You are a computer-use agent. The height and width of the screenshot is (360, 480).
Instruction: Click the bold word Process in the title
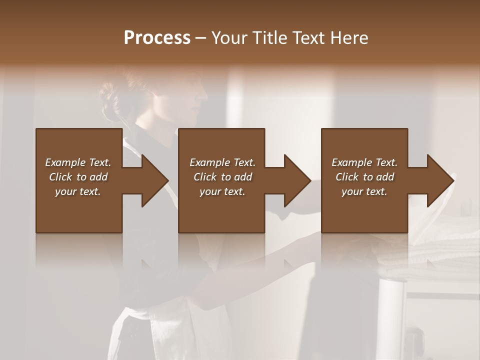coord(157,38)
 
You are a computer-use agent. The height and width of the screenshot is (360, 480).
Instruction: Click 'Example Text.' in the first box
coord(78,162)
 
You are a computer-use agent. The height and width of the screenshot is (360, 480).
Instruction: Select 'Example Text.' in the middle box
coord(222,162)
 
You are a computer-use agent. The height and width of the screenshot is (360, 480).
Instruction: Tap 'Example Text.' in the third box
coord(364,162)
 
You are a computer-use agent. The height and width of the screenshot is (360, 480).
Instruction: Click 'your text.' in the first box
coord(78,191)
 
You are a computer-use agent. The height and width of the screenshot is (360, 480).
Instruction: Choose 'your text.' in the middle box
coord(222,191)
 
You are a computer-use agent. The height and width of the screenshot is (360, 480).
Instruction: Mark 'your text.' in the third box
coord(364,191)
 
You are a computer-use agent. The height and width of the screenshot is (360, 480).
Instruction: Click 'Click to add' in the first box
coord(78,177)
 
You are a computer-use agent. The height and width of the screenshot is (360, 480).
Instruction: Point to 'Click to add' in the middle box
coord(222,177)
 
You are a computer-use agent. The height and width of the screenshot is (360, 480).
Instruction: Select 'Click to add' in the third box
coord(364,177)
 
